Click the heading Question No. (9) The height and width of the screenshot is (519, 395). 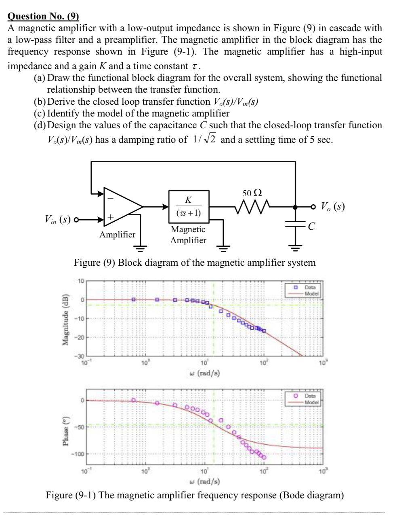44,16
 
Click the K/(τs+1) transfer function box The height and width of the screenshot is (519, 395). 189,207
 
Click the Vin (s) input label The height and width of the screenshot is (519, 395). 58,220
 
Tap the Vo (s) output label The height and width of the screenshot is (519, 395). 333,206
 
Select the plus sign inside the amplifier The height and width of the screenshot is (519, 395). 109,218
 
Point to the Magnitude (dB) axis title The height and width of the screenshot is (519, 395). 65,318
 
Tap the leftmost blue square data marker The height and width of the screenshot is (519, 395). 133,300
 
